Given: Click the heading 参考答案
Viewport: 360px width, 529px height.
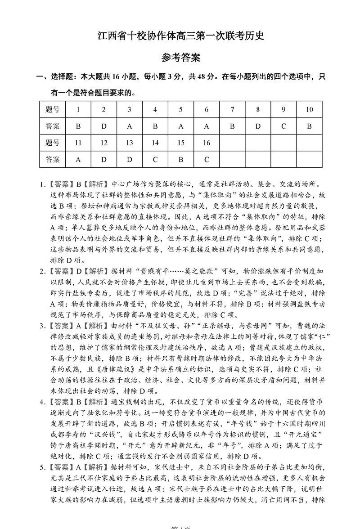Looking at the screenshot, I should tap(180, 57).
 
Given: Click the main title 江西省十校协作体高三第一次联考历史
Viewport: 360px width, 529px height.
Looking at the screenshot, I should tap(180, 36).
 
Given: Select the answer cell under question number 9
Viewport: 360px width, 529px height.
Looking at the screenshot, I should tap(283, 126).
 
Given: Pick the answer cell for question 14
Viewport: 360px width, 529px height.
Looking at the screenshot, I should tap(155, 159).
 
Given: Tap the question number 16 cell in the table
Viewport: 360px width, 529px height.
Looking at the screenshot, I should tap(207, 143).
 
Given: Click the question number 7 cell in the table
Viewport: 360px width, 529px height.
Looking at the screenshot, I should tap(232, 110).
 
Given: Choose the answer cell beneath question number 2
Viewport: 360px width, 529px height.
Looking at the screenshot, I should tap(104, 126).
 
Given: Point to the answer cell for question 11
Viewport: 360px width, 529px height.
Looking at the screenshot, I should tap(78, 159).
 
